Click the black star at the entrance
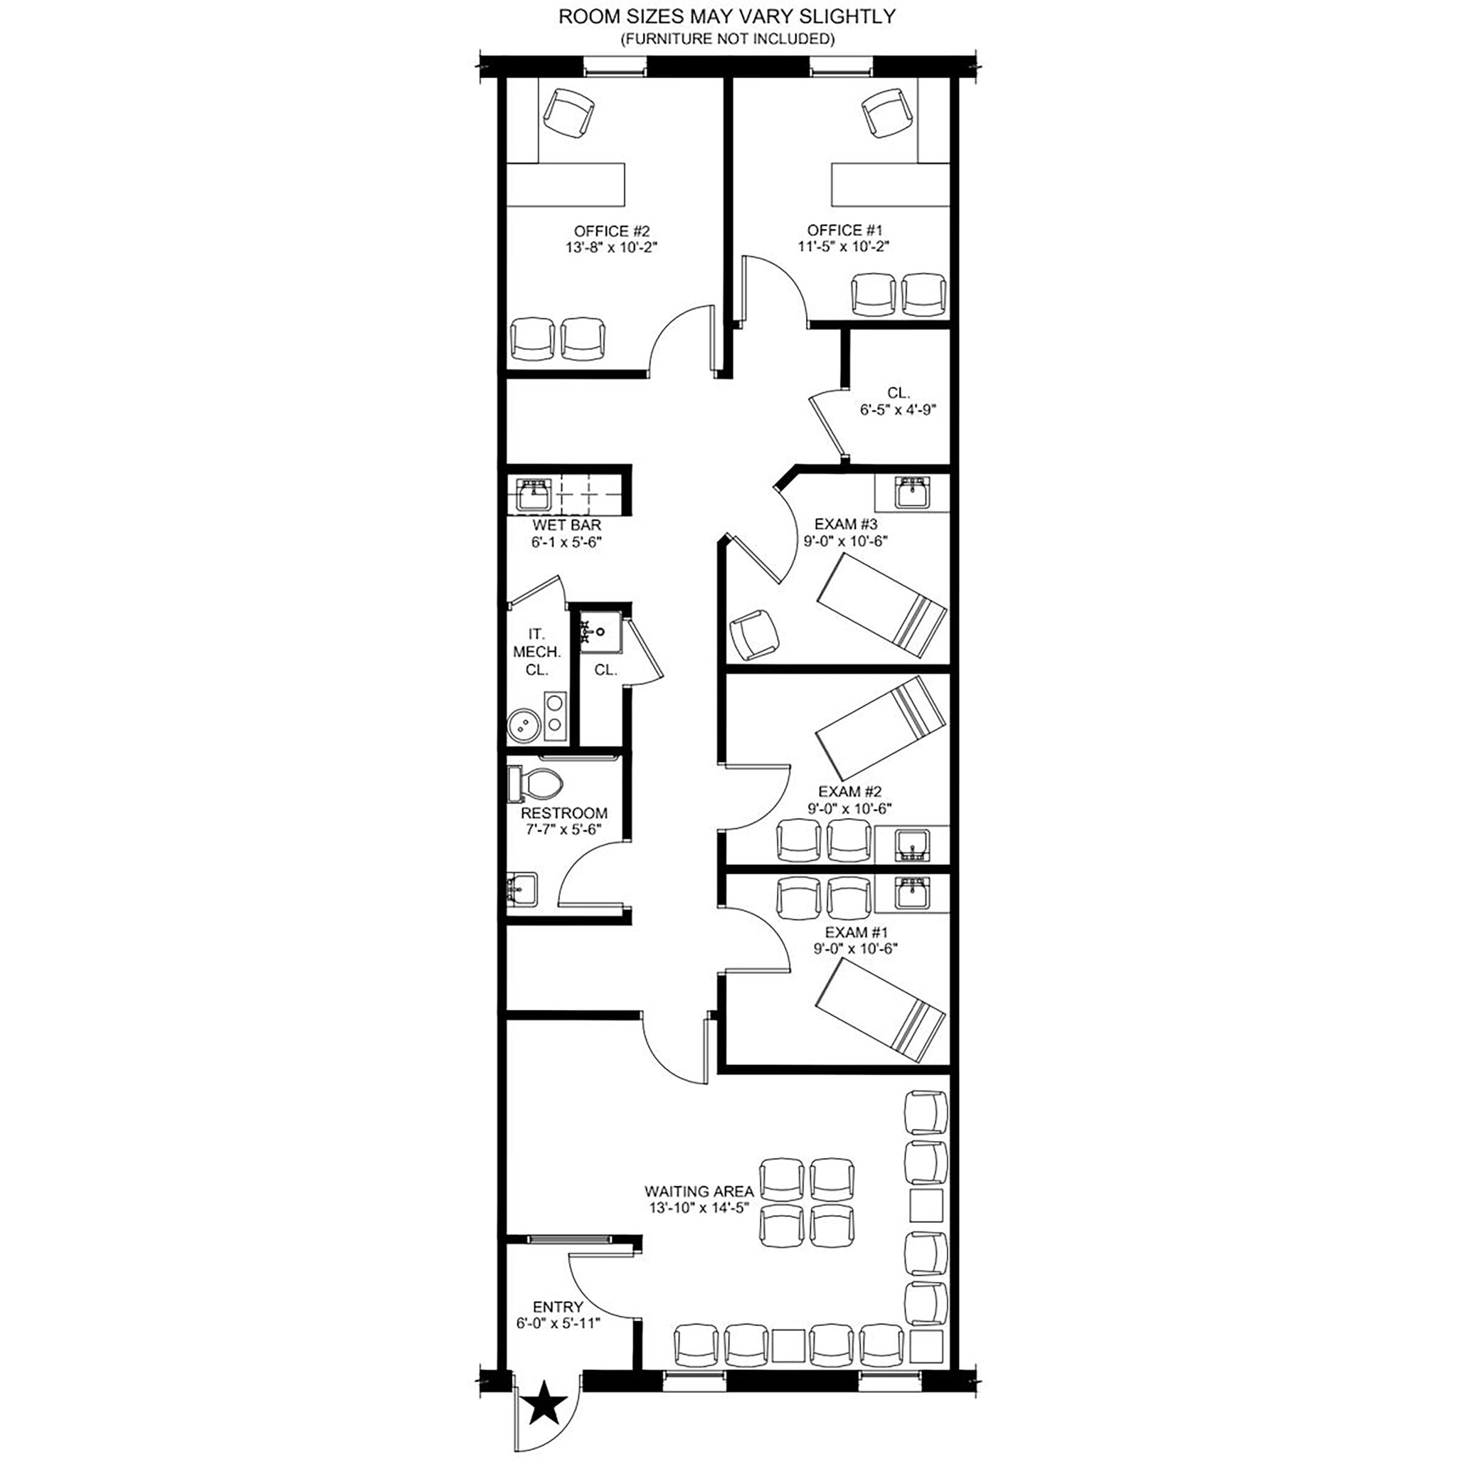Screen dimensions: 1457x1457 (545, 1406)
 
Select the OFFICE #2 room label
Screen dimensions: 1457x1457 (611, 231)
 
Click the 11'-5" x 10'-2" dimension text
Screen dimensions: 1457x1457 (843, 247)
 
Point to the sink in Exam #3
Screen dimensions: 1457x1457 (911, 493)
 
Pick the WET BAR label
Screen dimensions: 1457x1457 (566, 525)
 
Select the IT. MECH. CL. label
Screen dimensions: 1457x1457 (536, 652)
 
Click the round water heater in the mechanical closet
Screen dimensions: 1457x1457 (523, 726)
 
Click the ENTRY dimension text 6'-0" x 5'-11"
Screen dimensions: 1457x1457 (558, 1323)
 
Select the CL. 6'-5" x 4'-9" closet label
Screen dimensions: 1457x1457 (897, 401)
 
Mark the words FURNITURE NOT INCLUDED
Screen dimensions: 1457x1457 (727, 39)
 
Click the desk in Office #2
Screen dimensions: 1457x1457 (565, 184)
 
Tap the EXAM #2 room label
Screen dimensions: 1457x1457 (849, 792)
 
